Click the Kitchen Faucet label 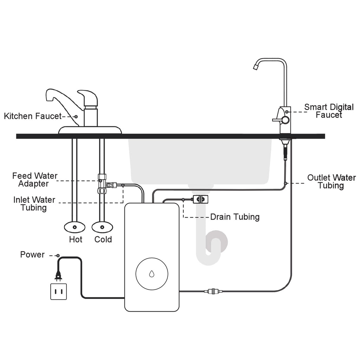33,116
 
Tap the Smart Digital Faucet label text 329,111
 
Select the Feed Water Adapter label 34,179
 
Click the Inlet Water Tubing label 34,204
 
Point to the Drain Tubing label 235,217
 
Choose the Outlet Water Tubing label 331,181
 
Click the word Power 32,255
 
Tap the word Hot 76,239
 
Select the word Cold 103,239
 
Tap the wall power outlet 58,291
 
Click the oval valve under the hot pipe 75,227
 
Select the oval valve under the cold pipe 102,227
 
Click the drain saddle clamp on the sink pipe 201,200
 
